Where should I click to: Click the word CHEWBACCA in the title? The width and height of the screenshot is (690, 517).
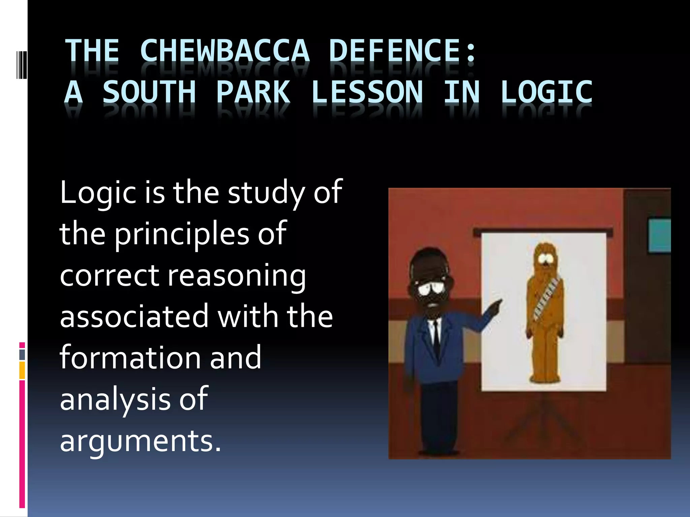(224, 51)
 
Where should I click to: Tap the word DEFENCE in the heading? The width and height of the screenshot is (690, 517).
(395, 51)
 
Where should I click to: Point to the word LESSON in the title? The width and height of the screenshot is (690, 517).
(367, 92)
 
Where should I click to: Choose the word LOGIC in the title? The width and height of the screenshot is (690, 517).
(546, 92)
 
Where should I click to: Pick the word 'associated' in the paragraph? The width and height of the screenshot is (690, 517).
(134, 317)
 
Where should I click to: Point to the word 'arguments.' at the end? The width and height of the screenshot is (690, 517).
(140, 441)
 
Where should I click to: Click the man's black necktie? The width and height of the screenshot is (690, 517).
(436, 337)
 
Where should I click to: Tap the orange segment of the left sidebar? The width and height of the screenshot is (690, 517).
(22, 370)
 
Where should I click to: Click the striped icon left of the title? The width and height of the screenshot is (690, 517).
(22, 65)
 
